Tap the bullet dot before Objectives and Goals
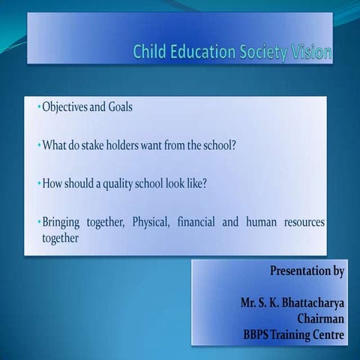pyautogui.click(x=38, y=108)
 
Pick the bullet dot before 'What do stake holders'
pyautogui.click(x=38, y=146)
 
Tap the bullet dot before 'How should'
pyautogui.click(x=38, y=184)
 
